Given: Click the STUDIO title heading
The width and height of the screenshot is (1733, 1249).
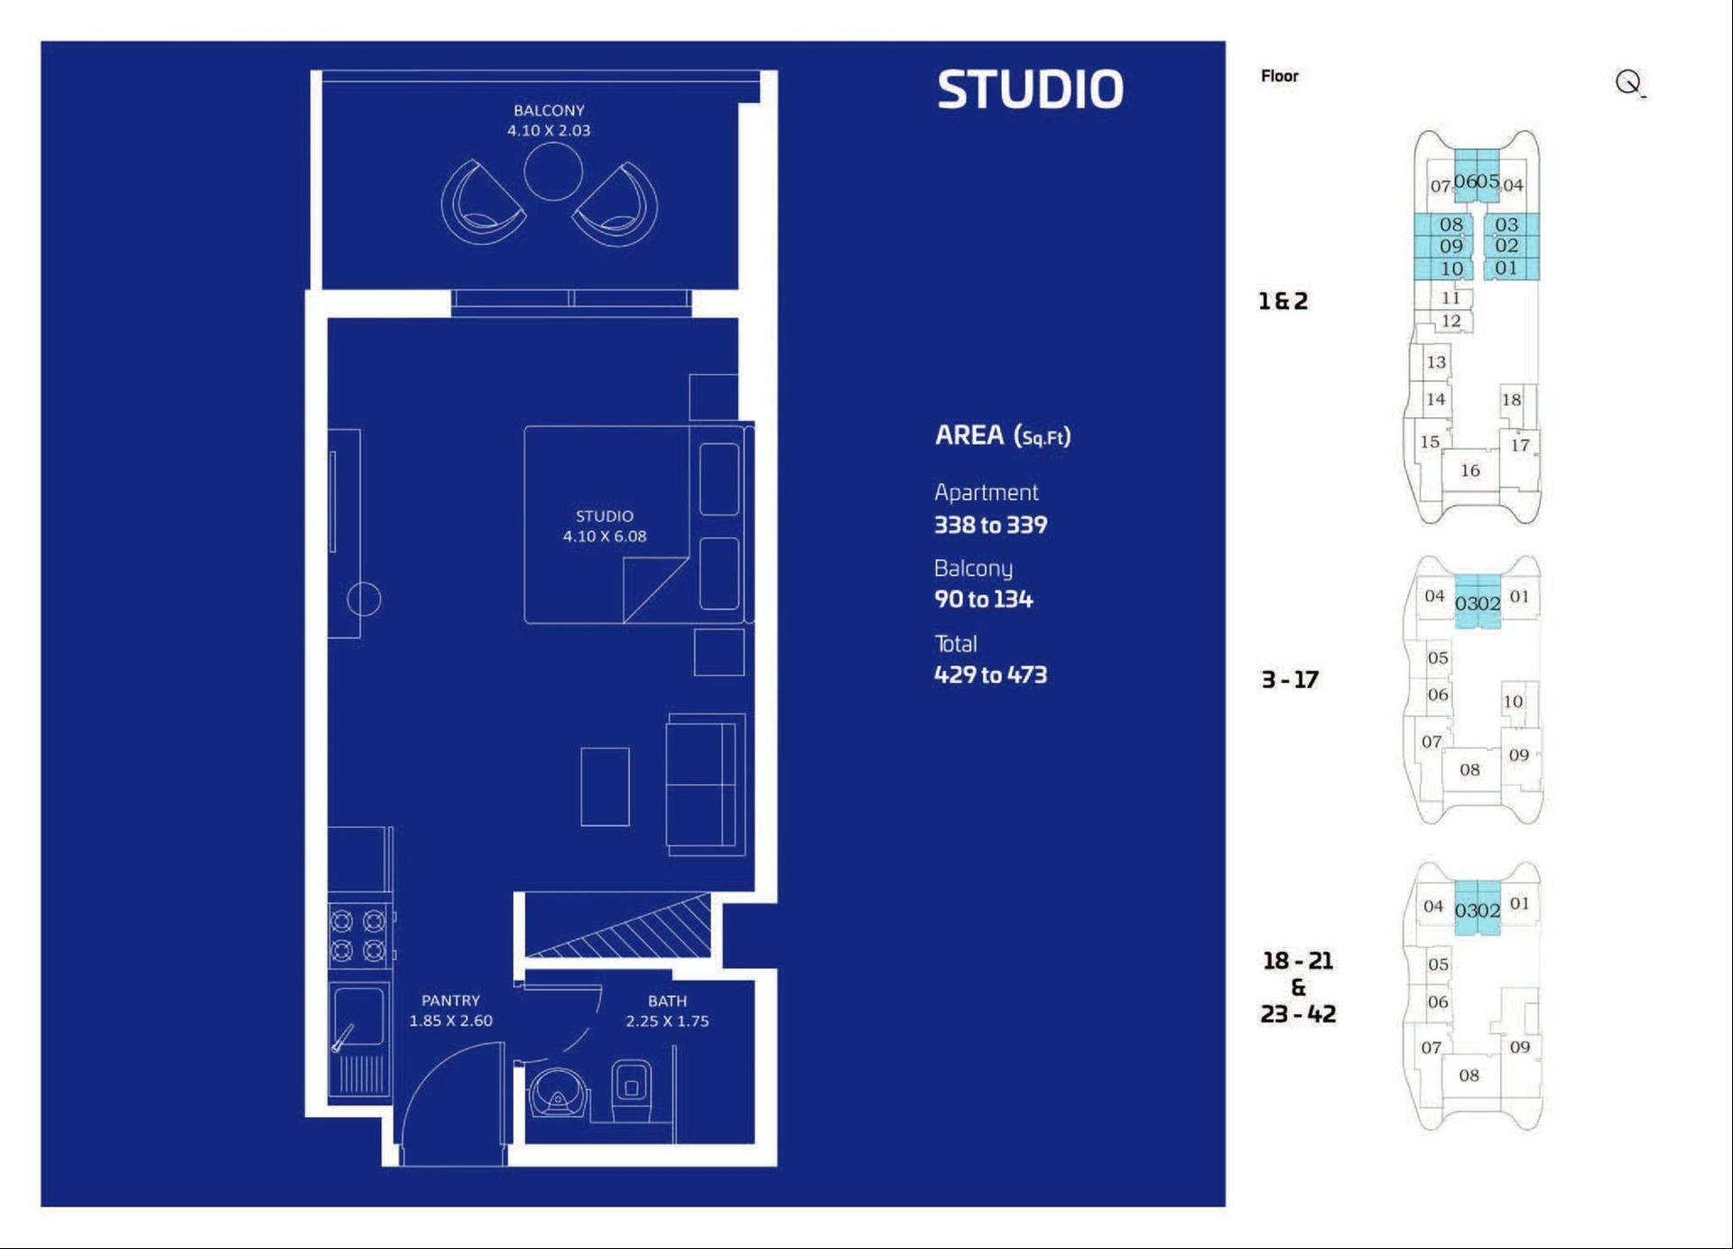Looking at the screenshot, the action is pos(1030,89).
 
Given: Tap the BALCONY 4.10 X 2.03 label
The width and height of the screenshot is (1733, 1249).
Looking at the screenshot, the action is pos(549,120).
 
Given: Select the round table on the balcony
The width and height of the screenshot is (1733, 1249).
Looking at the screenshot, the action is pos(553,172).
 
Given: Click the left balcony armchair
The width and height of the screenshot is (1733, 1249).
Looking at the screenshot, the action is pos(481,202).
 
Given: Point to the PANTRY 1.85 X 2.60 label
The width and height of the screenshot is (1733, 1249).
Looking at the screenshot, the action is pos(450,1011).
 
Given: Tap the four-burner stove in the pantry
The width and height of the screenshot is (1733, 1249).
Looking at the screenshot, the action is pos(358,936).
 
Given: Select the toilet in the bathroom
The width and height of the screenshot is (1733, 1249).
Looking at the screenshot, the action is pos(631,1090).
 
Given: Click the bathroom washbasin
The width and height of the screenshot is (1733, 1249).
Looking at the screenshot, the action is pos(558,1093).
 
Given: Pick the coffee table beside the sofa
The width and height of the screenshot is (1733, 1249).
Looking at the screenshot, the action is pos(605,787).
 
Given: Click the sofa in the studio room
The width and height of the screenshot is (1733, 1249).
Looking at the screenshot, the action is pos(706,785).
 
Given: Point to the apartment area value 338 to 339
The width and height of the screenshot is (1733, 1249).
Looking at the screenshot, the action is pos(990,525).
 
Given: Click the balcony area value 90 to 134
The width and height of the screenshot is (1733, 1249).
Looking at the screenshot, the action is pos(983,599).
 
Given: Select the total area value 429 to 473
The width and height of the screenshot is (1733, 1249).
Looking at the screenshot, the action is pos(990,675).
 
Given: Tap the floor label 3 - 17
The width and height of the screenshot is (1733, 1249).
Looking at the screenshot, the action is pos(1290,679).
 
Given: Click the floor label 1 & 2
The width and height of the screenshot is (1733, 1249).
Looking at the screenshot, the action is pos(1283,301).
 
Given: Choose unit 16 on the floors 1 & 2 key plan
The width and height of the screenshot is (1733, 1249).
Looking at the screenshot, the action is pos(1470,471).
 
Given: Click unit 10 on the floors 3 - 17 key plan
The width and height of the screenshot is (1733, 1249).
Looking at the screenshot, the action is pos(1513,702).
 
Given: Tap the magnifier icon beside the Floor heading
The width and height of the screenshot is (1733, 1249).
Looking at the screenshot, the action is pos(1629,83).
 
